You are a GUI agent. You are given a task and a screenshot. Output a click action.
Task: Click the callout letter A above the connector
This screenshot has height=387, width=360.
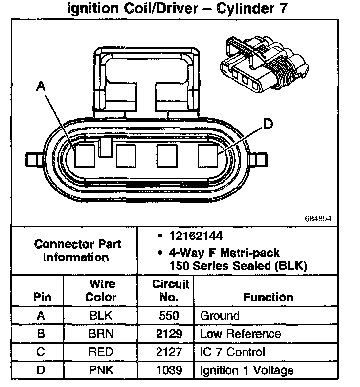click(x=41, y=86)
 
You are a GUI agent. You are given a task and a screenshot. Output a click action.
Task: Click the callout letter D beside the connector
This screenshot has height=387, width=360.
click(x=268, y=125)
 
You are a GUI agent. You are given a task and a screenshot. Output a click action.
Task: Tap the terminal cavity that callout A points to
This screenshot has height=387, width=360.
click(x=85, y=155)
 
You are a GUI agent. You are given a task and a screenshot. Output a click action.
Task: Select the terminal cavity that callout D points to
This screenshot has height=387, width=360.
click(x=207, y=156)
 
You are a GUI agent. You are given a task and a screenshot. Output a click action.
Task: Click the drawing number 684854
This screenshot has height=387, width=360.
click(x=318, y=218)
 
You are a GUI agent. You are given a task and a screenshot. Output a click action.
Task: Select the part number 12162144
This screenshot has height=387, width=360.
click(x=196, y=236)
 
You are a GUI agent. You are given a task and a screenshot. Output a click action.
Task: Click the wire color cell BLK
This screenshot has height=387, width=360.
click(x=101, y=316)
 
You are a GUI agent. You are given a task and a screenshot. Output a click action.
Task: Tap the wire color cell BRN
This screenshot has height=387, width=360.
click(x=101, y=334)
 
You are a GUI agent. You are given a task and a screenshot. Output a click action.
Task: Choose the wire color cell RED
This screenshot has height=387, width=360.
click(x=101, y=352)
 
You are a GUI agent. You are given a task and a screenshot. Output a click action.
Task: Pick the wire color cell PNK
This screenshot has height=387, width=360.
click(x=101, y=370)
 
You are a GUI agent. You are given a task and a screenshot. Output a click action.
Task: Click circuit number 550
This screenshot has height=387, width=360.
click(x=169, y=316)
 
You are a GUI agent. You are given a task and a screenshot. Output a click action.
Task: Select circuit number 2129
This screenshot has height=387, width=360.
click(x=169, y=334)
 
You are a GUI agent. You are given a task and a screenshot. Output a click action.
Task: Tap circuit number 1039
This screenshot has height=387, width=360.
click(x=169, y=370)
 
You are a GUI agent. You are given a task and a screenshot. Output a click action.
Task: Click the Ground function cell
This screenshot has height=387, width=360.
click(x=220, y=316)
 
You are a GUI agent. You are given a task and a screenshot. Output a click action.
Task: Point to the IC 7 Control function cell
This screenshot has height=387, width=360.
click(x=232, y=352)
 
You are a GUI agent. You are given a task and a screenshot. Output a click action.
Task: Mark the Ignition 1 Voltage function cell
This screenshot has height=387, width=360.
click(x=247, y=370)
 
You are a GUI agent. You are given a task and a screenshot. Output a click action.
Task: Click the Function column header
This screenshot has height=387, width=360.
click(x=268, y=297)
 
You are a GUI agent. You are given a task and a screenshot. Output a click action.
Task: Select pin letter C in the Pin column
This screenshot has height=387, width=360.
click(x=41, y=352)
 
